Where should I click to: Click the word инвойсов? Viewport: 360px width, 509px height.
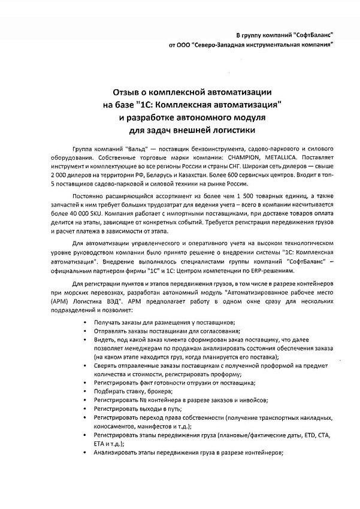(250, 400)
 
